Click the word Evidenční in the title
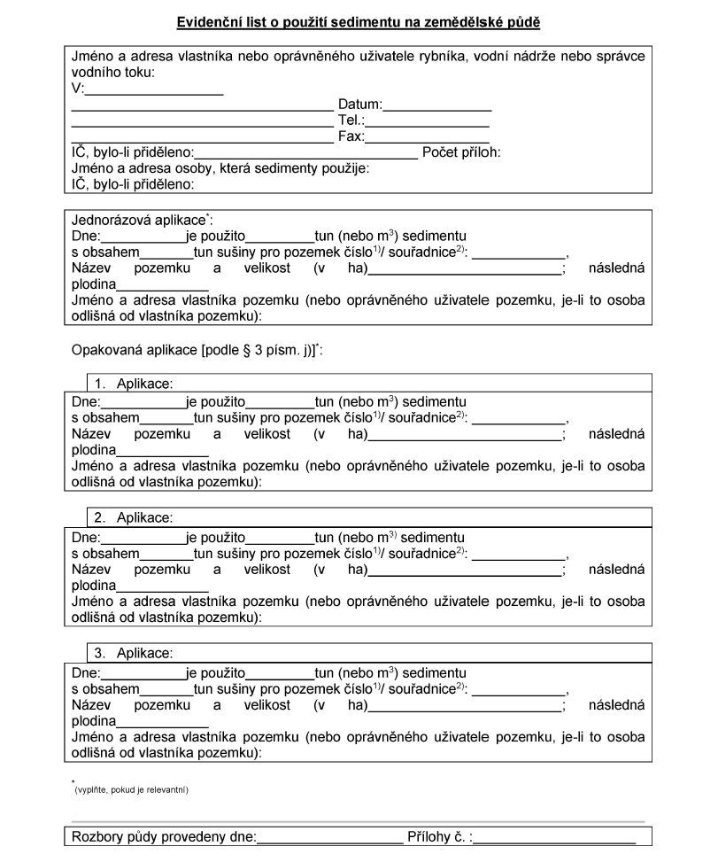(209, 20)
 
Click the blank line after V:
(154, 91)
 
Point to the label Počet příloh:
(461, 152)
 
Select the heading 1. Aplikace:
(134, 384)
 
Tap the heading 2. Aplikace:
(134, 517)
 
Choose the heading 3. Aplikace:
(134, 653)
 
